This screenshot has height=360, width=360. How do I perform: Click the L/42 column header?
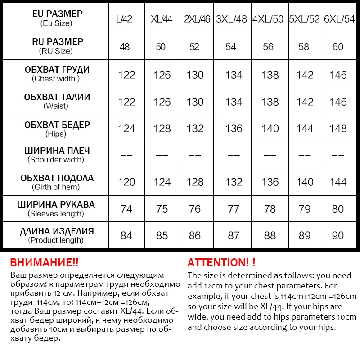[124, 20]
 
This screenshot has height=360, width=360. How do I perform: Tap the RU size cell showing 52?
[194, 47]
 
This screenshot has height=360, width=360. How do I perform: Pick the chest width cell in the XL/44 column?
[162, 75]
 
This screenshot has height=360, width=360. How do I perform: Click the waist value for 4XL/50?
[270, 102]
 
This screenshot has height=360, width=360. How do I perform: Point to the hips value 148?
[338, 129]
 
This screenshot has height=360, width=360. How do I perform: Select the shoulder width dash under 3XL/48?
[234, 155]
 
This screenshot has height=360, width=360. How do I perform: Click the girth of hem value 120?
[126, 182]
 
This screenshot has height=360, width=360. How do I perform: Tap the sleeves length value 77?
[234, 209]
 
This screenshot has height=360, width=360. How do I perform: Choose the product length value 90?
[338, 235]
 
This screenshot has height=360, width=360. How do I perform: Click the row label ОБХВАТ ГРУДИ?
[57, 70]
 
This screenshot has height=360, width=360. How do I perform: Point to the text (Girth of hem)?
[56, 187]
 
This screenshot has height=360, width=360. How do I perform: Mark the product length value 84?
[126, 235]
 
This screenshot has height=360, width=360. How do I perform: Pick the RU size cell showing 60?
[338, 47]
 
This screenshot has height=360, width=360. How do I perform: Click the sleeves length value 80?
[338, 209]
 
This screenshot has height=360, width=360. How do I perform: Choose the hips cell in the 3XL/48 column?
[234, 129]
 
